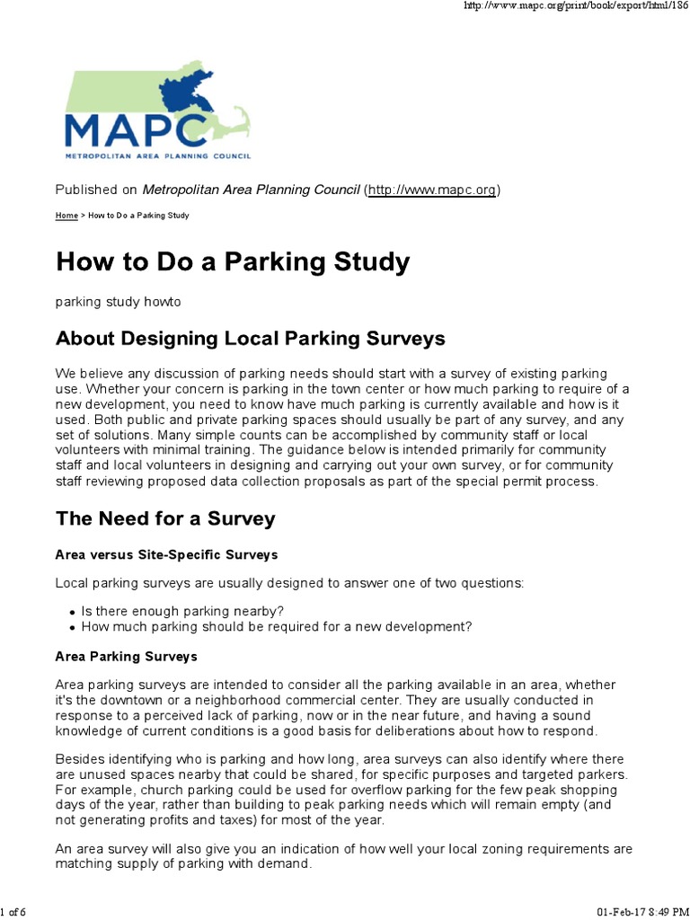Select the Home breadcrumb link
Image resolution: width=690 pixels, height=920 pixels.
[66, 216]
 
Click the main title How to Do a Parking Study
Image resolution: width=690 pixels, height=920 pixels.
[233, 261]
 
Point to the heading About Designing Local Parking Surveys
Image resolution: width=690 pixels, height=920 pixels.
[250, 339]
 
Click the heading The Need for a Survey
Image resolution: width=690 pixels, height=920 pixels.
[165, 518]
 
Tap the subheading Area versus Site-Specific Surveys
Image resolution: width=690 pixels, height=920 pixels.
[166, 554]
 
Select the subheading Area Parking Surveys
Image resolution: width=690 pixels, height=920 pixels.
[127, 657]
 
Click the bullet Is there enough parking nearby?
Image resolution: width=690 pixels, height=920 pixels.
[182, 611]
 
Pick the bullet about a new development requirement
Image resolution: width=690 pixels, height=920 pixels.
[276, 627]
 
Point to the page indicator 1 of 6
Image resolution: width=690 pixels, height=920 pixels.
[13, 913]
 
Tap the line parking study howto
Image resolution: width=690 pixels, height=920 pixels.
[119, 302]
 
